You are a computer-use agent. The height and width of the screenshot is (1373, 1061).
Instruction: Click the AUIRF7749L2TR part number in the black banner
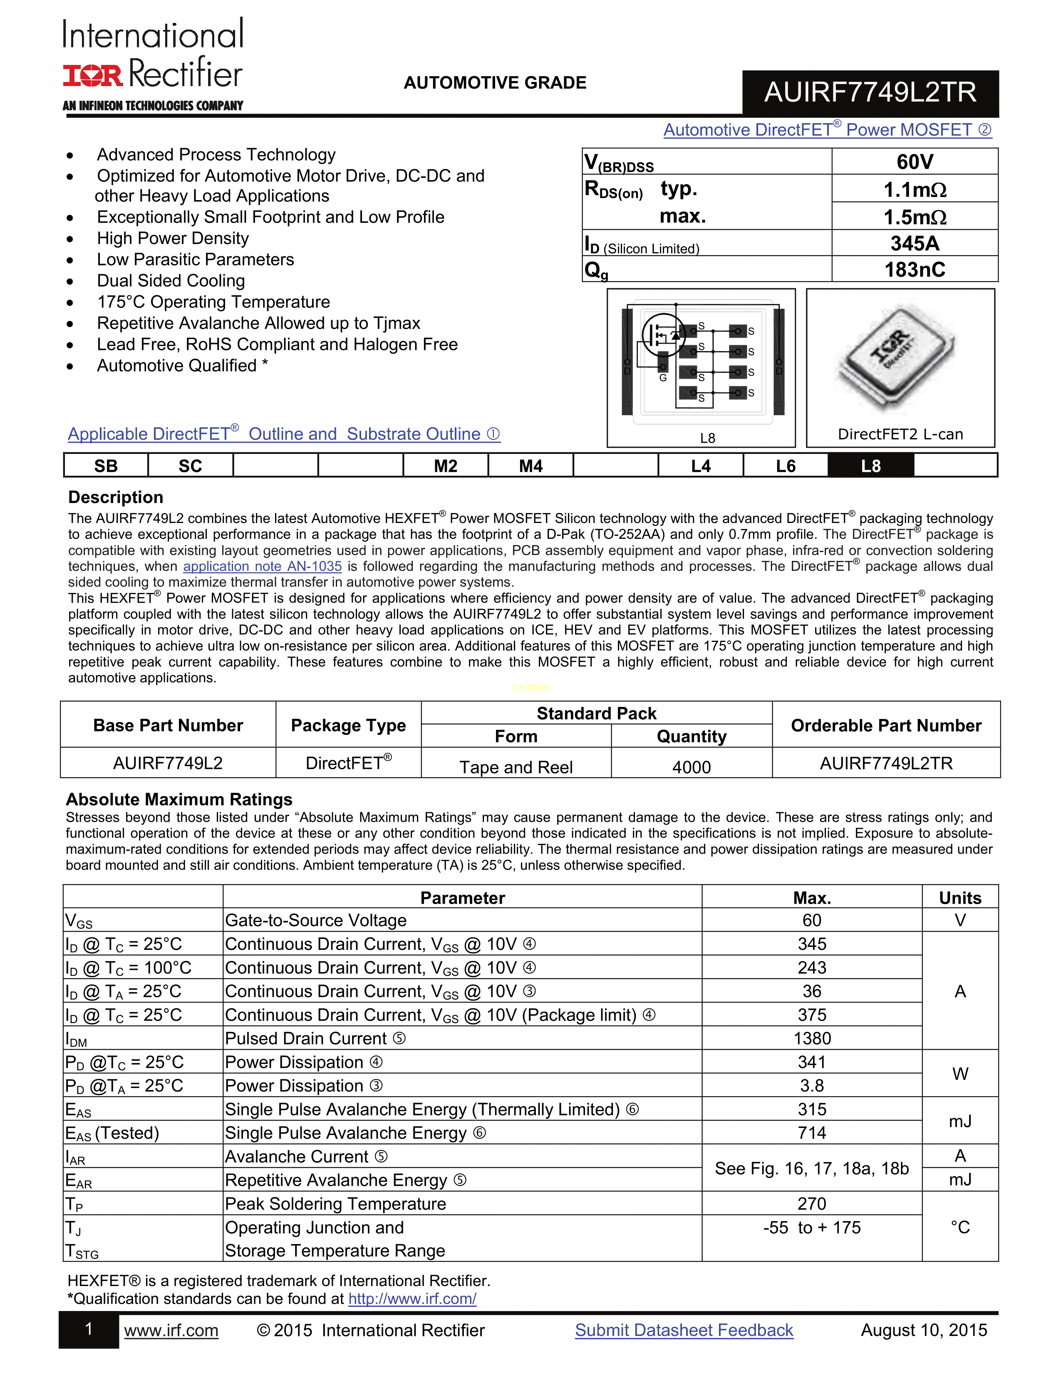870,92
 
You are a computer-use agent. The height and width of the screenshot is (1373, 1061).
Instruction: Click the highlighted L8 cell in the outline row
870,466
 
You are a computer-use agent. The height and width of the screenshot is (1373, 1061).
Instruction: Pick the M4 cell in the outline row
530,466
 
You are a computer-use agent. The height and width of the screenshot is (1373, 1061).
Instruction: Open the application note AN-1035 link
262,566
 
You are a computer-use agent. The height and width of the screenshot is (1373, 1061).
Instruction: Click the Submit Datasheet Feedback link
684,1330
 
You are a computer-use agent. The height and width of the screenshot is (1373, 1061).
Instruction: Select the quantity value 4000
692,767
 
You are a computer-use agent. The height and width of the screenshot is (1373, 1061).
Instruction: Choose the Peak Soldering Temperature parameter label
336,1204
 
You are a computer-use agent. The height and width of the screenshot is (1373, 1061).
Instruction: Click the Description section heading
116,497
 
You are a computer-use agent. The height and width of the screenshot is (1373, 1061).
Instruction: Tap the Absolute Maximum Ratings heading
179,799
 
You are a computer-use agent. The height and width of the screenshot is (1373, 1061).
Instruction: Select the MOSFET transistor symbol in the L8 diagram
663,335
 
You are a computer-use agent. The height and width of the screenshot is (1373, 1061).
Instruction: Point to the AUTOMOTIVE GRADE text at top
495,83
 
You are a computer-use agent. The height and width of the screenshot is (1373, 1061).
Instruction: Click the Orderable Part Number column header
886,726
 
